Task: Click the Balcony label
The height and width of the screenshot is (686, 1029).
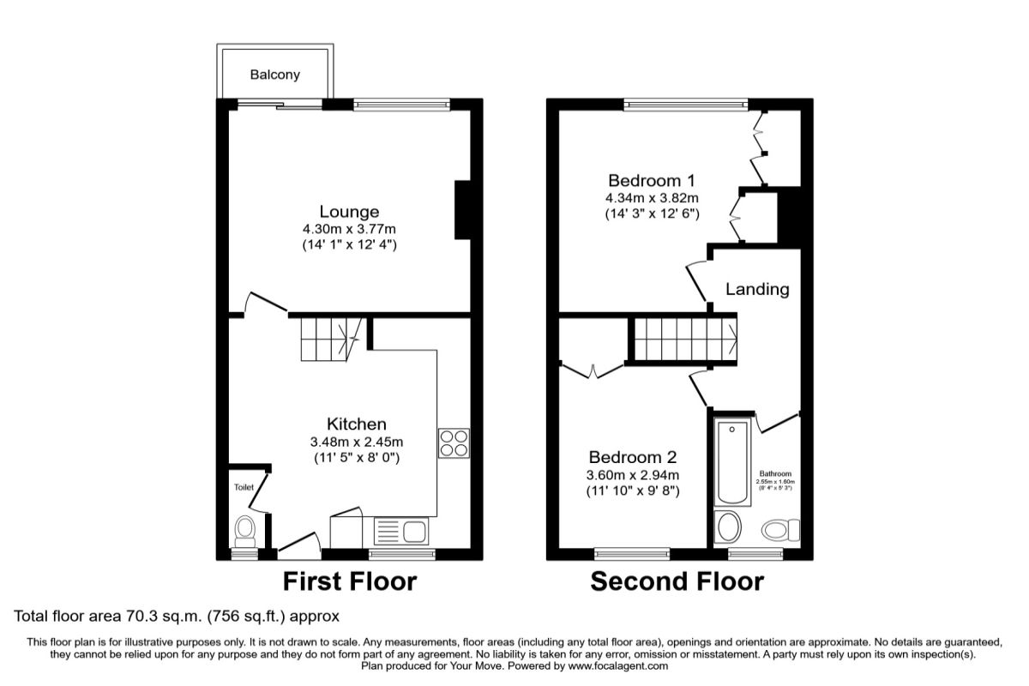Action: (x=275, y=75)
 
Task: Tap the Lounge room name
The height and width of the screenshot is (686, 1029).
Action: (x=349, y=211)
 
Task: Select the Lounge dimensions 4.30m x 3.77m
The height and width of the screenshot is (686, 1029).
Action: (x=349, y=229)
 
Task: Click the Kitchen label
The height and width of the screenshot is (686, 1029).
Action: (x=356, y=424)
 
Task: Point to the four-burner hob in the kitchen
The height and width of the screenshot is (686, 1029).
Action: (x=454, y=442)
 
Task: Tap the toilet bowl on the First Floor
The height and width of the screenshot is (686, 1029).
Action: (x=245, y=529)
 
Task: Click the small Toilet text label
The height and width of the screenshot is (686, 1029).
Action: (x=244, y=487)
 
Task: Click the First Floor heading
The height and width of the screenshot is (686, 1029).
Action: (x=350, y=582)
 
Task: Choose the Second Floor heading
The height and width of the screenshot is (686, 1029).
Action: (x=677, y=582)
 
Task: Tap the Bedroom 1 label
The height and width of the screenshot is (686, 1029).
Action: (x=651, y=181)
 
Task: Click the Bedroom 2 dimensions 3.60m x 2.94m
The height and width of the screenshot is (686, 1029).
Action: (x=633, y=476)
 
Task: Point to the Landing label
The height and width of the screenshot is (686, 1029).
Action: (x=757, y=289)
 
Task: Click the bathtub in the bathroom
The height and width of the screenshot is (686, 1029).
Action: (x=732, y=462)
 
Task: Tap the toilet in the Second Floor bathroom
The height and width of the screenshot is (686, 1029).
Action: (x=779, y=530)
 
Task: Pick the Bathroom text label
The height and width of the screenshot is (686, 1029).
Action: (x=775, y=473)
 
